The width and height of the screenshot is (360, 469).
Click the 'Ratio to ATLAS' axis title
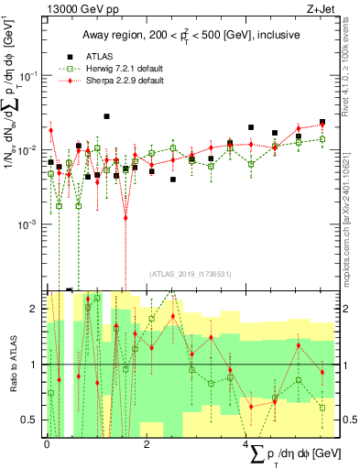click(12, 365)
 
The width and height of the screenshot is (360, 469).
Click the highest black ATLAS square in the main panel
click(107, 116)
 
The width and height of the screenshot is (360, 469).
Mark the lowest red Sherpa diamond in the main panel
click(126, 218)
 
